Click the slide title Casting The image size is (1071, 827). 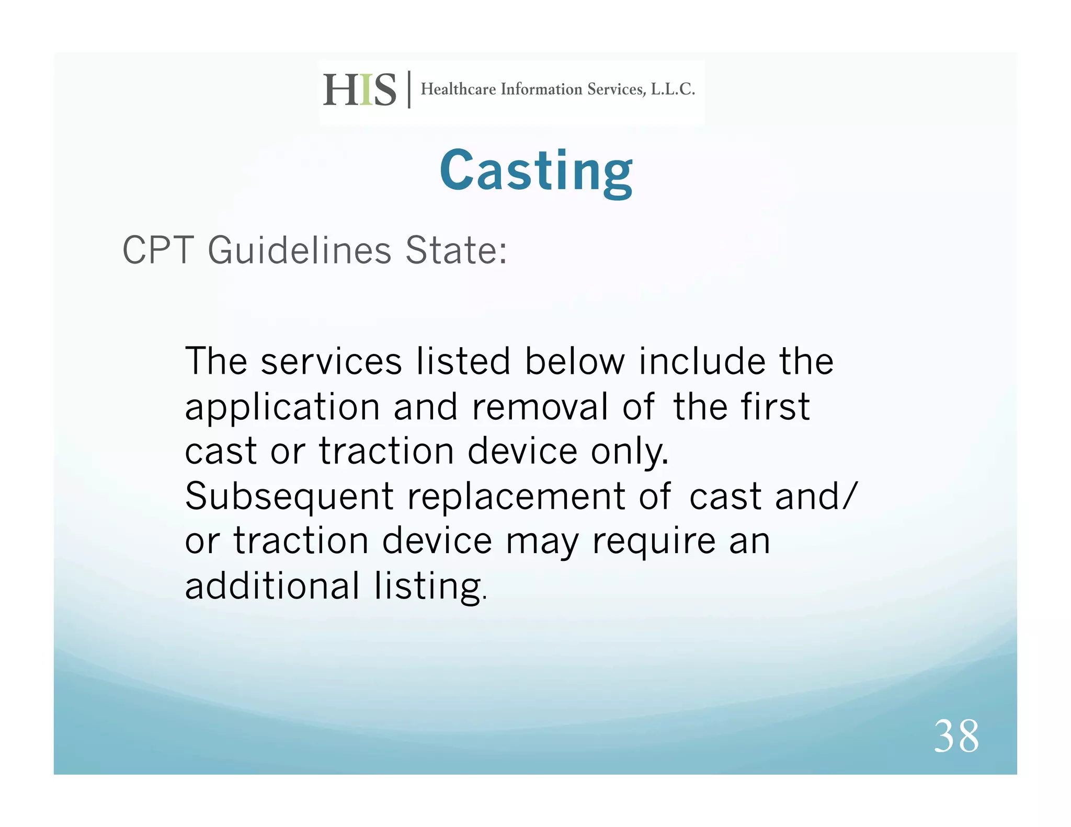(536, 171)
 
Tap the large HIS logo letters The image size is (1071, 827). (360, 90)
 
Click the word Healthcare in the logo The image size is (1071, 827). (458, 89)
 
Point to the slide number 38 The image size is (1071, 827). (956, 736)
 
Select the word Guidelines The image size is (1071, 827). (300, 250)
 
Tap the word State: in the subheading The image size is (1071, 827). (455, 250)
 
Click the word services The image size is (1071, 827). (331, 361)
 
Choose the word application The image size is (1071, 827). (282, 408)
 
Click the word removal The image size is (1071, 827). (540, 407)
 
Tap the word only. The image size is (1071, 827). (630, 452)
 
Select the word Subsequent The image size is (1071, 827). (289, 497)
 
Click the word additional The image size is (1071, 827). (272, 585)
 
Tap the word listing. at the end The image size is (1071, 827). (430, 587)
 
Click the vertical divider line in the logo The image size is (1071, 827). (409, 89)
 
